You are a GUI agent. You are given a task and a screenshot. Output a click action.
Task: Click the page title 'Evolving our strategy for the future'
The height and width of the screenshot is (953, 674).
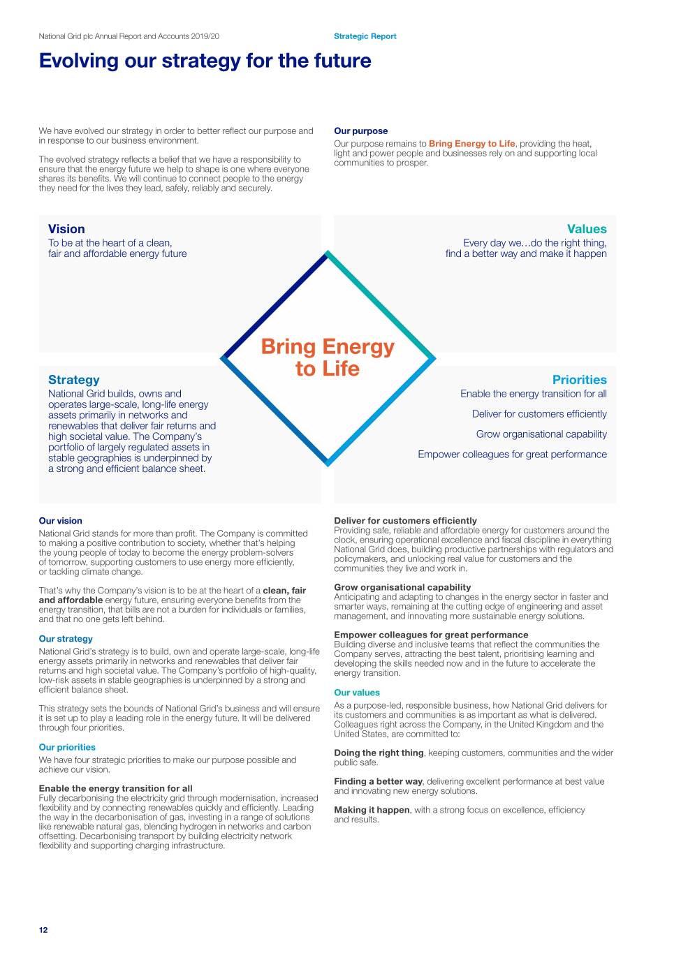point(205,61)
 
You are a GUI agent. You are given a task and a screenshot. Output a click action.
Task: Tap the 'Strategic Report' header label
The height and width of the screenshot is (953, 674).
point(365,36)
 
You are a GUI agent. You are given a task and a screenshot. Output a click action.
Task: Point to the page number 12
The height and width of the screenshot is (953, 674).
point(43,930)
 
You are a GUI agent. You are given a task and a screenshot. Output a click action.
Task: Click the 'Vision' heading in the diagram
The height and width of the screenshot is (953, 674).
point(66,229)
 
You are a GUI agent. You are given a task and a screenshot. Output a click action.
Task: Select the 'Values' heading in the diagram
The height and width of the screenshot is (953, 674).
point(587,229)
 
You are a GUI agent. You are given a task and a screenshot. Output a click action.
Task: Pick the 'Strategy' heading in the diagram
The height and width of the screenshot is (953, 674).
point(73,380)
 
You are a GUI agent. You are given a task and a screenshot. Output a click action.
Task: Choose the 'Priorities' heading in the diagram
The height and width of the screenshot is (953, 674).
point(579,380)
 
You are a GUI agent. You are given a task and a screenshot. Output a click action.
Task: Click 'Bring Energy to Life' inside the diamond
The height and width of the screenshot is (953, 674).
point(328,357)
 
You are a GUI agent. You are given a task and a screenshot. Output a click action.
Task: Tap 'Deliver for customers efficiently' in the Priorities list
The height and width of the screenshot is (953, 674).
point(539,414)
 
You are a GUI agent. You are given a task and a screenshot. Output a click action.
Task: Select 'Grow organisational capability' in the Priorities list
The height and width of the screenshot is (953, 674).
point(541,434)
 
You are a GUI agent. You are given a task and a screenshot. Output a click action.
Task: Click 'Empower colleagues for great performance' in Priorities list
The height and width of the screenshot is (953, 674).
point(512,455)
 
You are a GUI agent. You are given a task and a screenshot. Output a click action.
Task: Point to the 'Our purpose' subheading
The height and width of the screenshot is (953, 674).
point(360,131)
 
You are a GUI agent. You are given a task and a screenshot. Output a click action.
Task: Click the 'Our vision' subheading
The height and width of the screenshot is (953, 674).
point(60,521)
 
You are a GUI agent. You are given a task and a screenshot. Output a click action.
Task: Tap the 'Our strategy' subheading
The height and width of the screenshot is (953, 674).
point(66,639)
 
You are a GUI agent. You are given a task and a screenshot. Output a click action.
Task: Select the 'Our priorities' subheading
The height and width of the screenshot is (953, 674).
point(67,747)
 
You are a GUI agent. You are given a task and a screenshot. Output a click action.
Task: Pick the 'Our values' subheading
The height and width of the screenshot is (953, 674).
point(356,693)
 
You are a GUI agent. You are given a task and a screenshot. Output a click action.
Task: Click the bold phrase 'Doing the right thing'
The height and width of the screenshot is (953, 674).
point(379,753)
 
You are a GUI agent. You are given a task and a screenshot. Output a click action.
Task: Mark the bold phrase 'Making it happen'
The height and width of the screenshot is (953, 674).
point(372,810)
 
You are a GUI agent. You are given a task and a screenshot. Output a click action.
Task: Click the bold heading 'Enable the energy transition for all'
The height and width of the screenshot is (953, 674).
point(115,788)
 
